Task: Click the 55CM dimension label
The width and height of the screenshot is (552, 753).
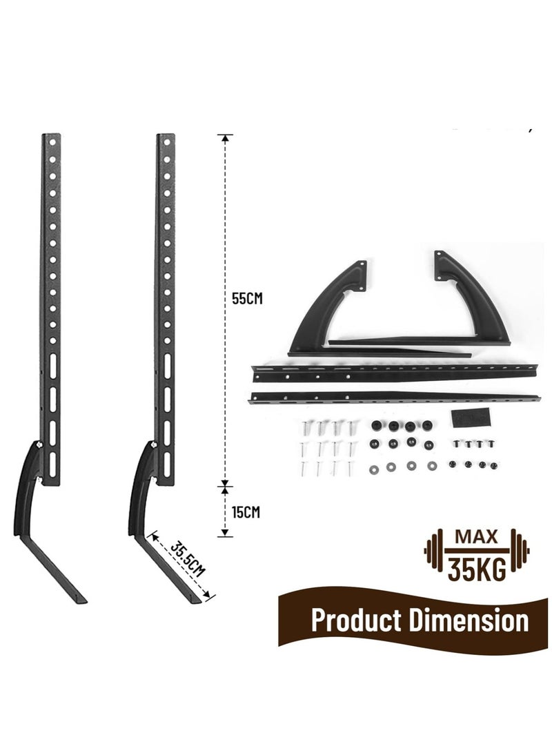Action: pyautogui.click(x=247, y=298)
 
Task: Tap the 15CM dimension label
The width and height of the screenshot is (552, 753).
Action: pyautogui.click(x=246, y=512)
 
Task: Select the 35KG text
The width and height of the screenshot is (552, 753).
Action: pyautogui.click(x=477, y=569)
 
